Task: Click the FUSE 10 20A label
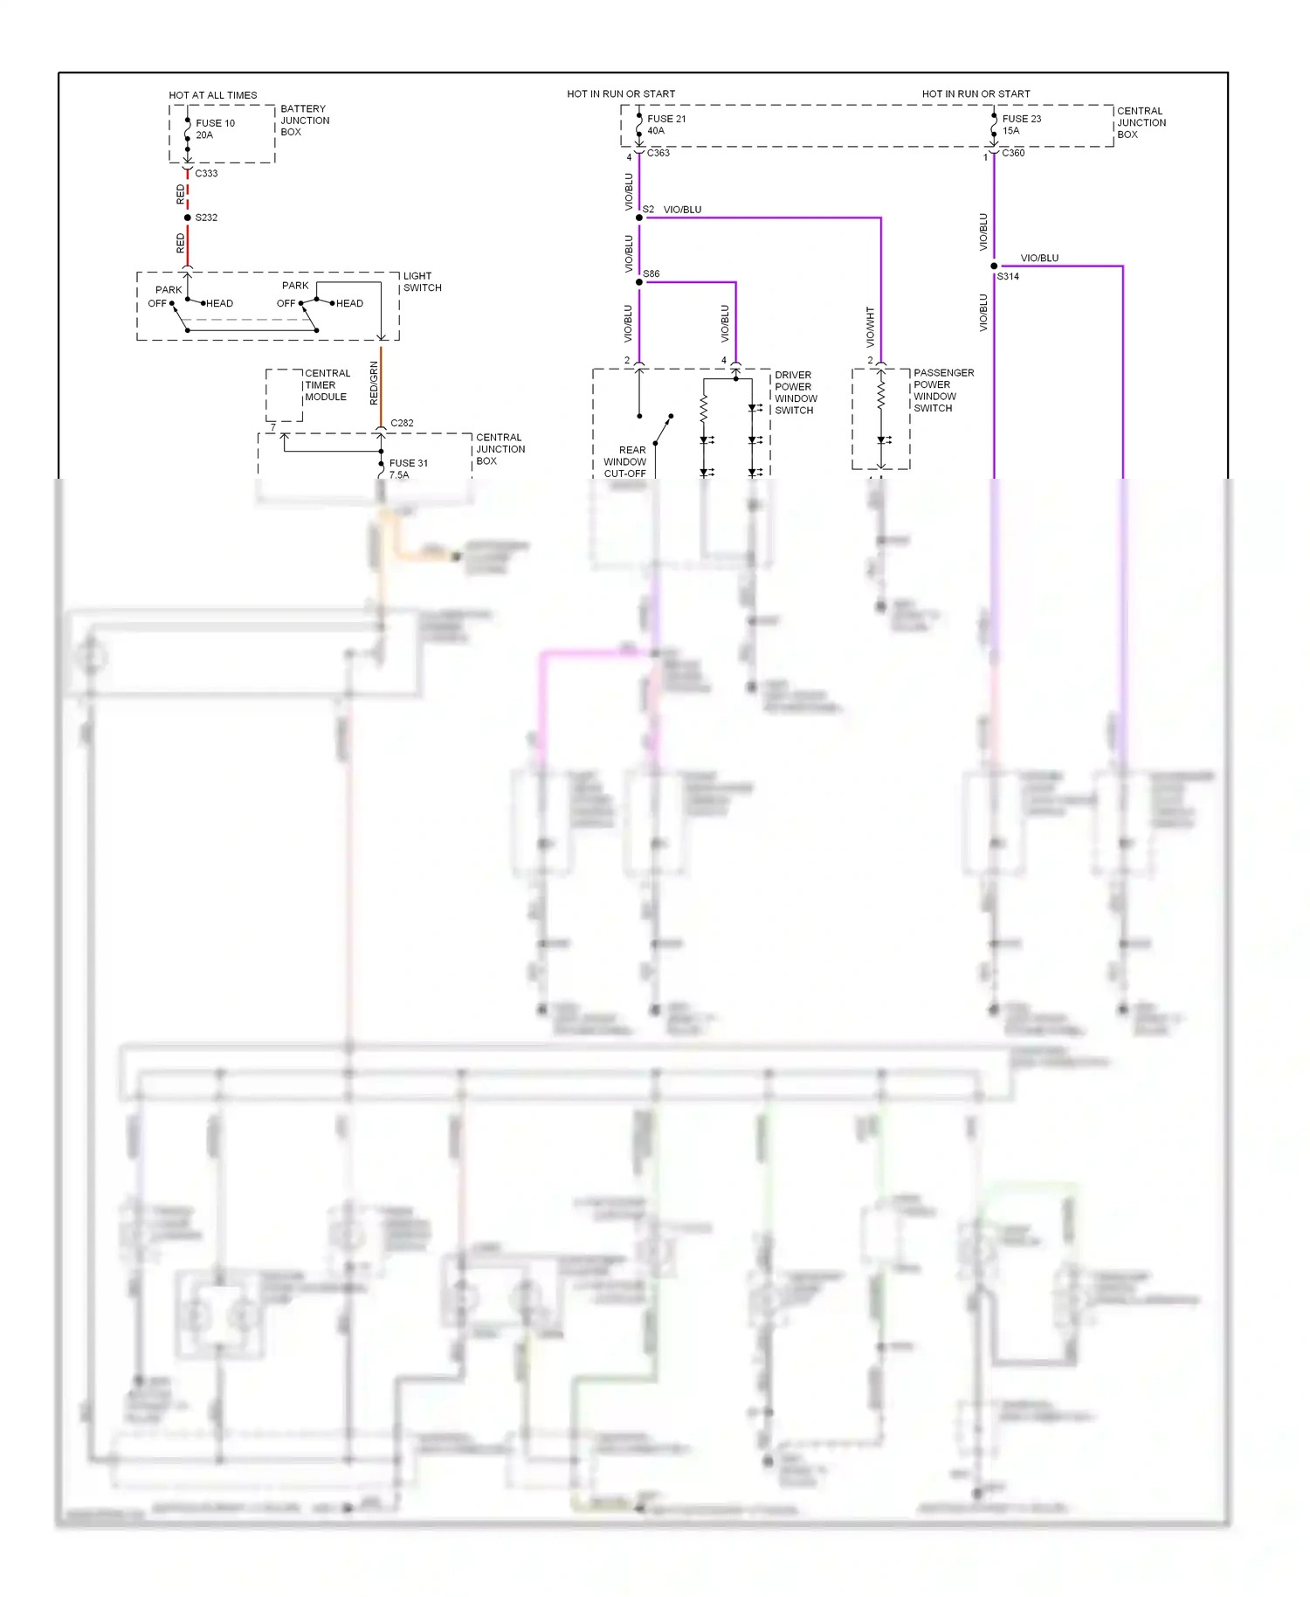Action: [x=215, y=129]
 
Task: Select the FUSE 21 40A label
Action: [x=665, y=125]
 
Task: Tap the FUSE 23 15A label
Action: [x=1021, y=125]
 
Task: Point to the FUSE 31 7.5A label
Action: [x=408, y=468]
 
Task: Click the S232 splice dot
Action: [x=188, y=218]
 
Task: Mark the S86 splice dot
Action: [x=639, y=282]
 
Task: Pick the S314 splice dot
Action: [x=994, y=266]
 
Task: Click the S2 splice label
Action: [x=648, y=210]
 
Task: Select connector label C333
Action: [x=206, y=174]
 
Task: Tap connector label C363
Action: [x=658, y=153]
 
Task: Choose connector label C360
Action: [x=1013, y=153]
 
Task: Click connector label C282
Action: [x=402, y=423]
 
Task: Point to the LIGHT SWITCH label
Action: [x=422, y=282]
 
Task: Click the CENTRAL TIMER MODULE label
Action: [x=327, y=385]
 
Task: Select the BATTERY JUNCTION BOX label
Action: [x=304, y=121]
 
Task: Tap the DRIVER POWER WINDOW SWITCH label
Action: [x=796, y=392]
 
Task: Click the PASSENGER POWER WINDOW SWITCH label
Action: [x=943, y=391]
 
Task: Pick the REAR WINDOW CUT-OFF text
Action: [x=625, y=462]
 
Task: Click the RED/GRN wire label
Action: [x=375, y=383]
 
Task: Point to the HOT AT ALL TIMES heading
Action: [x=213, y=95]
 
